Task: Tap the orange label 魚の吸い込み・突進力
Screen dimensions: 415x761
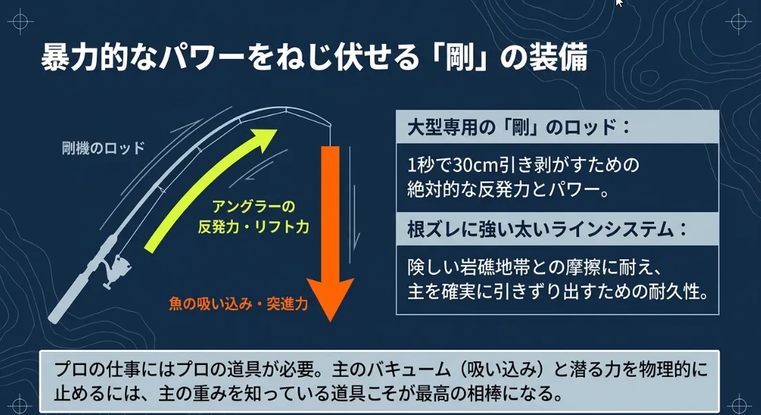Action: pos(238,304)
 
